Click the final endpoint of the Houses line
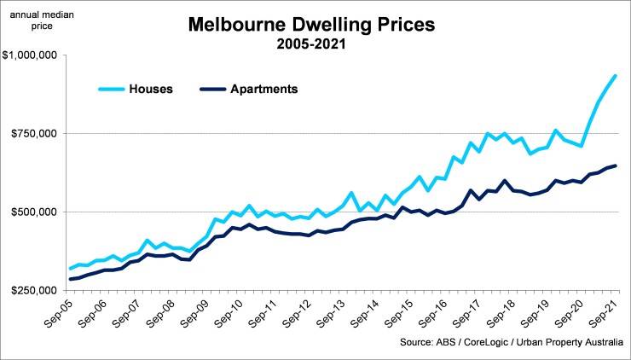point(616,77)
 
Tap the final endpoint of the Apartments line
point(616,165)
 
